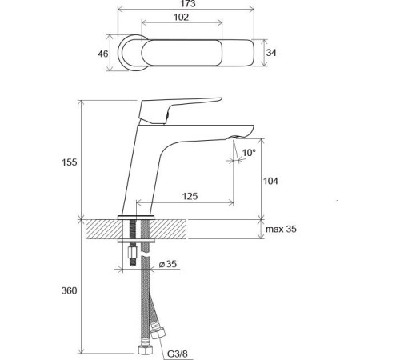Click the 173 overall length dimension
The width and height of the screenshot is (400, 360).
(188, 4)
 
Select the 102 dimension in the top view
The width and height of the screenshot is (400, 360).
(181, 18)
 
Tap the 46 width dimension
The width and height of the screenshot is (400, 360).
(103, 54)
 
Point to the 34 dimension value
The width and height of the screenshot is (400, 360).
(271, 53)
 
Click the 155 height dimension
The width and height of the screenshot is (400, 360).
(70, 162)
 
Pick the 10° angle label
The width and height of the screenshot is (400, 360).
(249, 153)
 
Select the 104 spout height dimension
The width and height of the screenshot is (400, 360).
(270, 181)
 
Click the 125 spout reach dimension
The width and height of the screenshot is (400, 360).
(190, 196)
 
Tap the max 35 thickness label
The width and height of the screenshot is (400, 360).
(281, 229)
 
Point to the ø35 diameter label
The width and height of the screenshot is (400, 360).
(168, 264)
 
